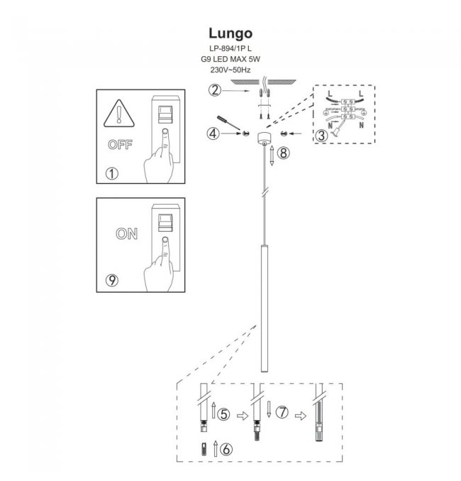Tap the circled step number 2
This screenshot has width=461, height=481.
point(215,90)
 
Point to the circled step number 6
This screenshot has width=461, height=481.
point(226,449)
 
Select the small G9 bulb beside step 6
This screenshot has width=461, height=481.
point(205,448)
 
